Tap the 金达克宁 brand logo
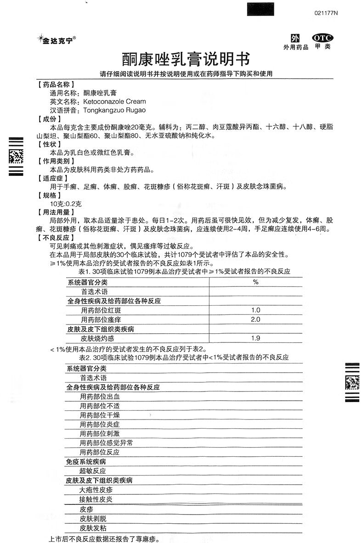(x=57, y=40)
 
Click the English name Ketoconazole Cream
(x=114, y=101)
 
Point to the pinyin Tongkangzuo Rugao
(x=114, y=110)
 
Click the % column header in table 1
(x=255, y=282)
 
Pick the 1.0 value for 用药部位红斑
(x=255, y=310)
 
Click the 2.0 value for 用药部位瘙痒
(x=255, y=319)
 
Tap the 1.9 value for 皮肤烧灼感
(x=255, y=338)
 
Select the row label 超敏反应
(x=93, y=471)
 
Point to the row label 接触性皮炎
(x=96, y=499)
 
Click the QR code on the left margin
(x=16, y=157)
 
